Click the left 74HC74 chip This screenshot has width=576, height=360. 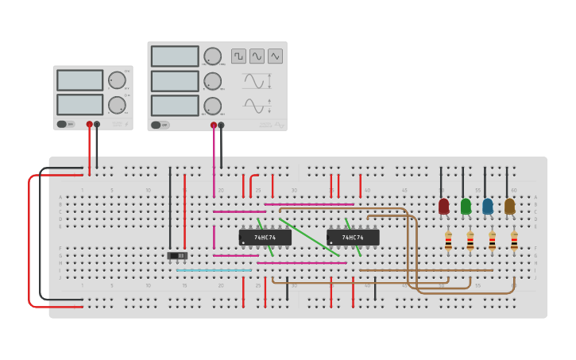[x=265, y=238]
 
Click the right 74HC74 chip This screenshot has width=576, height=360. [x=353, y=238]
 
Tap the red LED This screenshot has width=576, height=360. [x=443, y=207]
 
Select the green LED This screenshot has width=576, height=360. [x=466, y=207]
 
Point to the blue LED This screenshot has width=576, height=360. [x=487, y=207]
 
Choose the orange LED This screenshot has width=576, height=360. [x=509, y=207]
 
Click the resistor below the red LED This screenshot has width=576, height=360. [x=448, y=241]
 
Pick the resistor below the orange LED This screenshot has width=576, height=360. [x=514, y=241]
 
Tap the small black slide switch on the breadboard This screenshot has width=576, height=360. [x=178, y=255]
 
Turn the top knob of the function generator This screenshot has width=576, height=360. [x=212, y=56]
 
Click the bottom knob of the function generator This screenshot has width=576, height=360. [x=212, y=106]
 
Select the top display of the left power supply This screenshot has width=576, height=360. [x=79, y=80]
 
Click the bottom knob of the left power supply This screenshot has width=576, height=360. [x=117, y=104]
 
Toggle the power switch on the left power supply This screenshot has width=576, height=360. [x=61, y=124]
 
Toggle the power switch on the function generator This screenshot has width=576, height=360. [x=156, y=125]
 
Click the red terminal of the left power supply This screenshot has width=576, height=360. [x=89, y=124]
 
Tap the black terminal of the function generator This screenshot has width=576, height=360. [x=221, y=125]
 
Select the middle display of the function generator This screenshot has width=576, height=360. [x=175, y=81]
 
